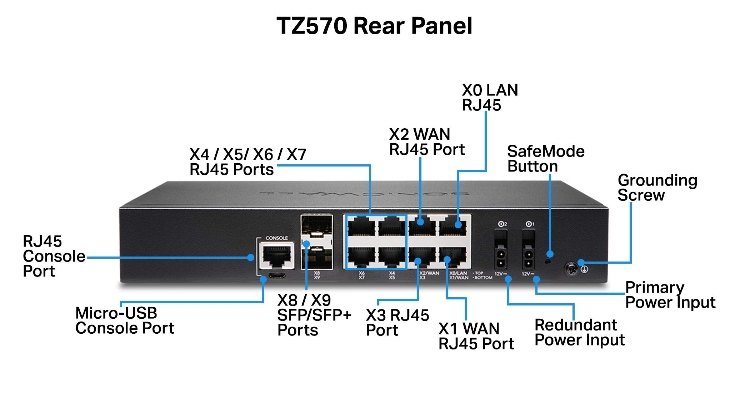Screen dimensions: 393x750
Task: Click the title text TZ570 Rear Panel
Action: [374, 26]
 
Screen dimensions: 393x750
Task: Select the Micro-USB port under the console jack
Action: [277, 275]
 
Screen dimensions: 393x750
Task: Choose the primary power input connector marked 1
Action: [528, 254]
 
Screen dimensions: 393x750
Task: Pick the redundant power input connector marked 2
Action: [501, 254]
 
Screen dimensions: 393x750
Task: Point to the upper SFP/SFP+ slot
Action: [316, 229]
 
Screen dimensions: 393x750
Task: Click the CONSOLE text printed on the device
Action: [276, 238]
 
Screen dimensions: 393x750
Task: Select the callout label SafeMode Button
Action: [545, 159]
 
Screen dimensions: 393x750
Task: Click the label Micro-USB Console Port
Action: [124, 320]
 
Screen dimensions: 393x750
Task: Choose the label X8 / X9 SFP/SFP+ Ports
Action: [314, 315]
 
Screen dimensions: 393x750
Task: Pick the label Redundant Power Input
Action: [579, 332]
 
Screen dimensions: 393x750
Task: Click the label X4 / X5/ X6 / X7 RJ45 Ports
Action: [247, 162]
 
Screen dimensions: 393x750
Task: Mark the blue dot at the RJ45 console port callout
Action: [251, 257]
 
